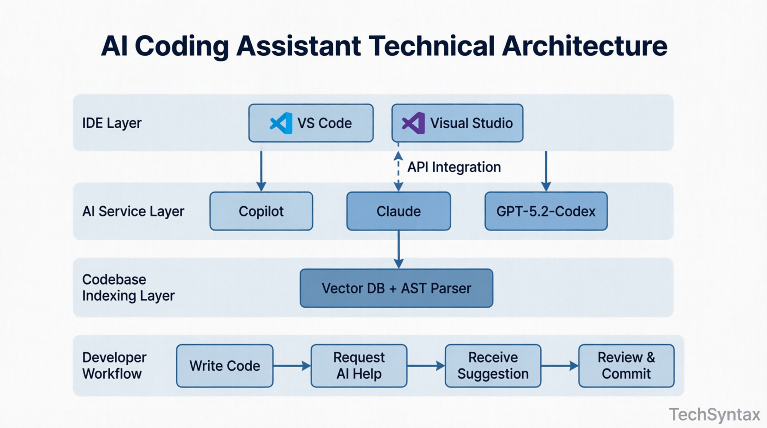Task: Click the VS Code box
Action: tap(311, 123)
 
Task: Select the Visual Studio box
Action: tap(457, 123)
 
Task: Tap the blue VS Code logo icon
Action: tap(281, 123)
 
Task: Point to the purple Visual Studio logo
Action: tap(413, 123)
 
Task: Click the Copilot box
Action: tap(261, 211)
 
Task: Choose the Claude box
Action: tap(398, 211)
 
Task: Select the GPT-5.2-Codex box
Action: tap(546, 211)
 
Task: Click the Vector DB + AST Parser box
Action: tap(396, 288)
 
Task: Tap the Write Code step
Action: tap(224, 366)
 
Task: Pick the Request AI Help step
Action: tap(359, 366)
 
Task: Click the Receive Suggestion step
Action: tap(493, 366)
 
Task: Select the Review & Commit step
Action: tap(626, 366)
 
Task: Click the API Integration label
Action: tap(454, 167)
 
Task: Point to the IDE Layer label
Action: tap(112, 123)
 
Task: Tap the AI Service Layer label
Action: tap(133, 211)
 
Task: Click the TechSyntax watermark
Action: tap(714, 415)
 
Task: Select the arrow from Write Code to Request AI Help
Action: tap(292, 366)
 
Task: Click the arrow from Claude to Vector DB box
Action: tap(399, 249)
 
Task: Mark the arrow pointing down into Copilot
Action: tap(261, 171)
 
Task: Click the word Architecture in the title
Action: tap(584, 46)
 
